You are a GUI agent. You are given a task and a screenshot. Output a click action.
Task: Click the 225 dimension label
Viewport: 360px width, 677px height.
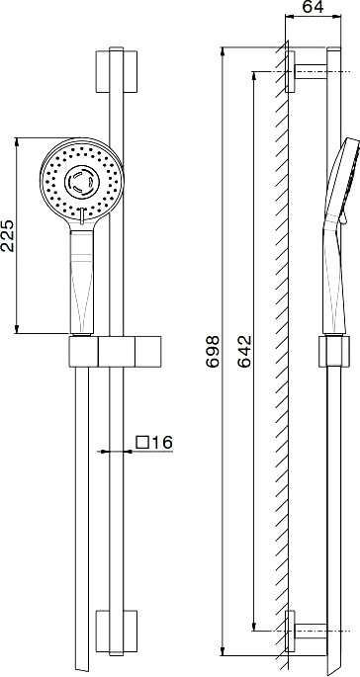[x=9, y=235]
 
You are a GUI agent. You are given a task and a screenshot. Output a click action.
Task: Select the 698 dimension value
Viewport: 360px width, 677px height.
[x=213, y=352]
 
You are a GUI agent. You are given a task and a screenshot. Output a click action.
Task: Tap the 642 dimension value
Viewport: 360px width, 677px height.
[x=244, y=351]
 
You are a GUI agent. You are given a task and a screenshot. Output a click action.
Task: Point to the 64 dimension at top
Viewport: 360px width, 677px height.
[x=313, y=7]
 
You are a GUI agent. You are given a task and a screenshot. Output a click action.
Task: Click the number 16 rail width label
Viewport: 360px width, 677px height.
[x=161, y=442]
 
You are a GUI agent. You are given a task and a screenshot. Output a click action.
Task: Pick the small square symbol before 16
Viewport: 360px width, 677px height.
[x=142, y=442]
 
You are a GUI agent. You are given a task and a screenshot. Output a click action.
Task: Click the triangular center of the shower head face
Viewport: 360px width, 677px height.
[x=82, y=181]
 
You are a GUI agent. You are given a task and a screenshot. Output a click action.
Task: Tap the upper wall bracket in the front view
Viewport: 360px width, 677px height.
[x=117, y=72]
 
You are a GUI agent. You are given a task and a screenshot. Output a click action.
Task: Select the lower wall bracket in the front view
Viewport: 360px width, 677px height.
[x=117, y=632]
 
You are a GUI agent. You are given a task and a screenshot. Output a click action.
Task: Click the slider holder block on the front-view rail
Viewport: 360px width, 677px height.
[x=115, y=352]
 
